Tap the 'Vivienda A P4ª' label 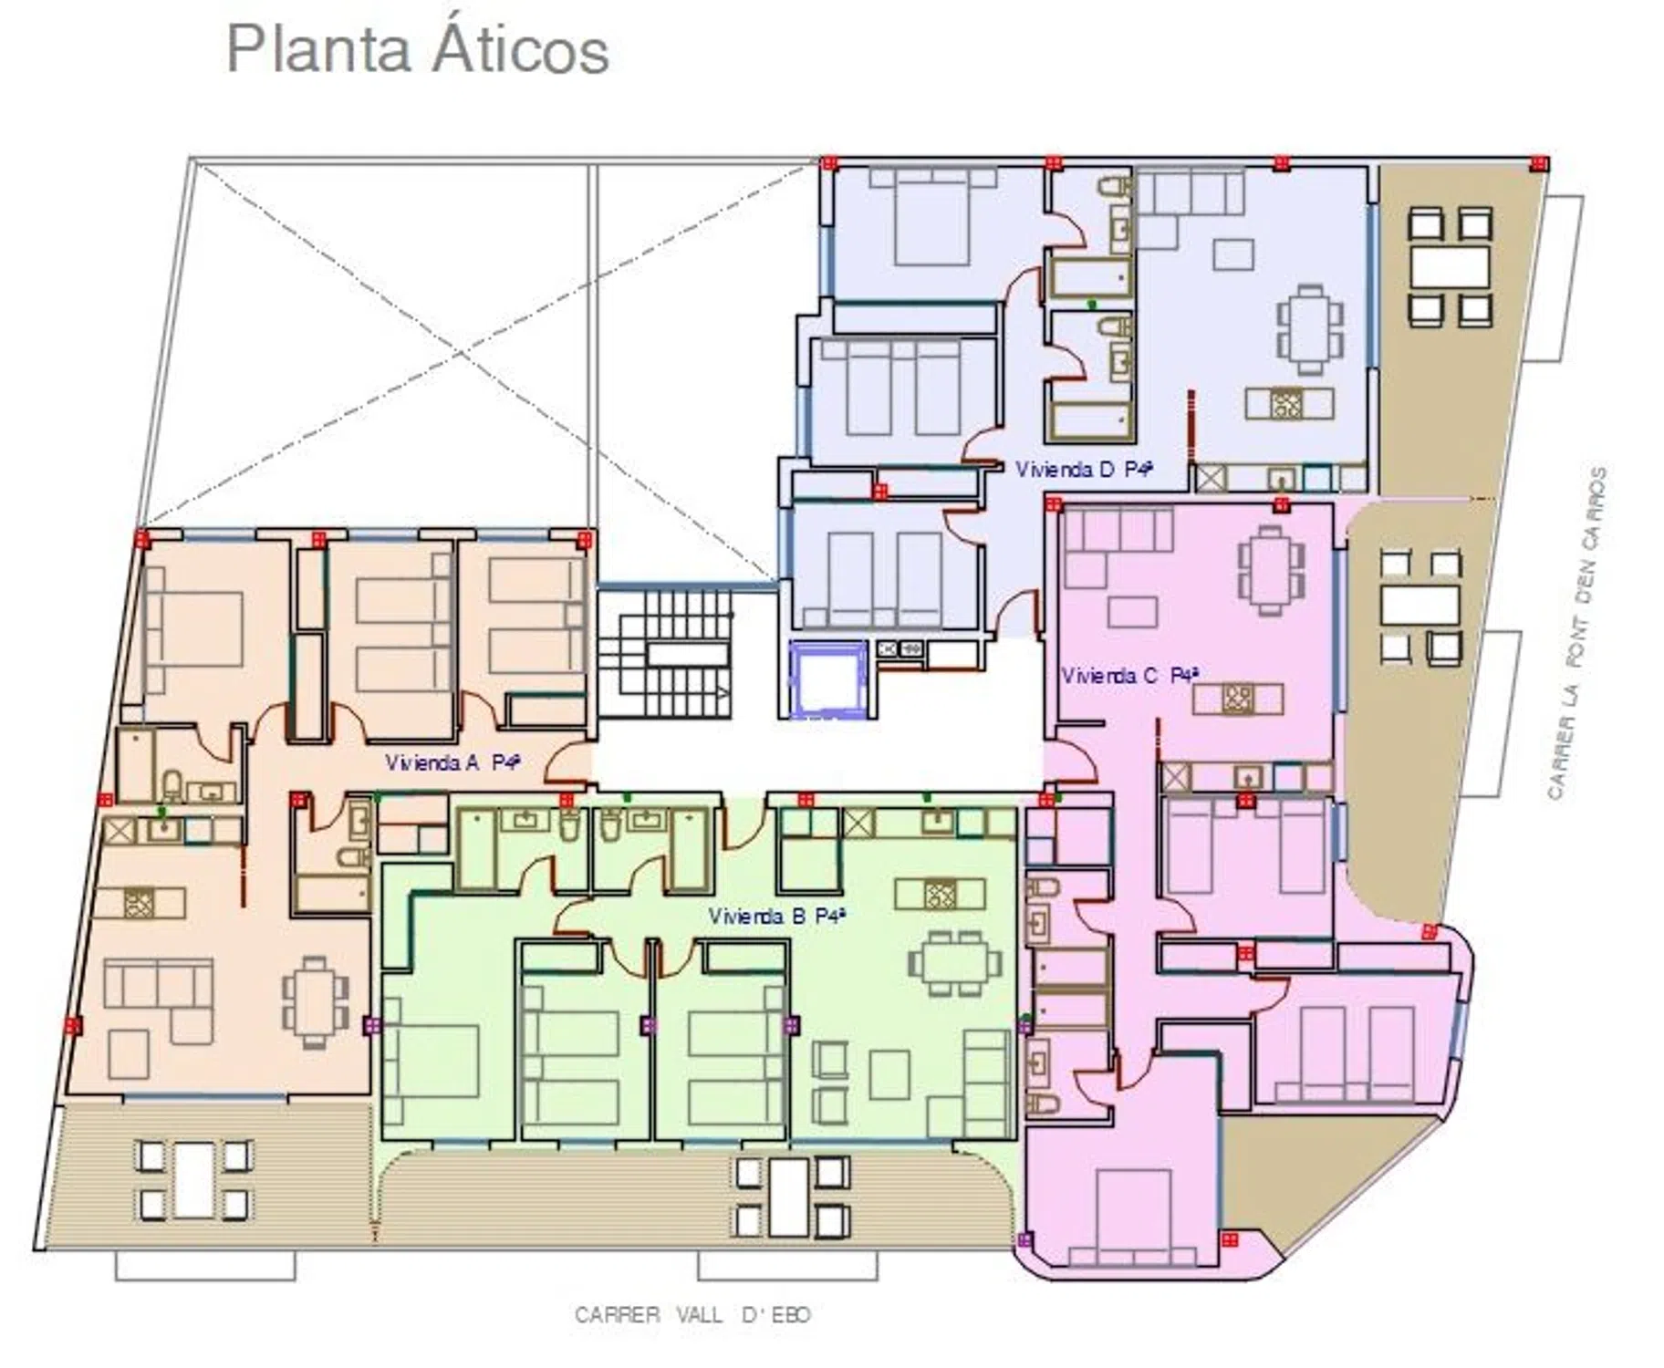(452, 762)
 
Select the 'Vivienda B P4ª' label (777, 916)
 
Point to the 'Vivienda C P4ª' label (1129, 676)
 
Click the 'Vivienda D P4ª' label (1084, 469)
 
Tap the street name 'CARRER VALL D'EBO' (692, 1314)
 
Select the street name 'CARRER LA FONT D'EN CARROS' (1576, 634)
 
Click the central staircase (664, 653)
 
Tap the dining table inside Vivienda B (954, 963)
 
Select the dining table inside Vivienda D (1311, 329)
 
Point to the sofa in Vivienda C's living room (1118, 545)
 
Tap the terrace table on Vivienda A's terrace (193, 1181)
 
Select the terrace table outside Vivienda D (1450, 267)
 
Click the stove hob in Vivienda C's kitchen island (1238, 699)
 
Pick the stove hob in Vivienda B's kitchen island (940, 894)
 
